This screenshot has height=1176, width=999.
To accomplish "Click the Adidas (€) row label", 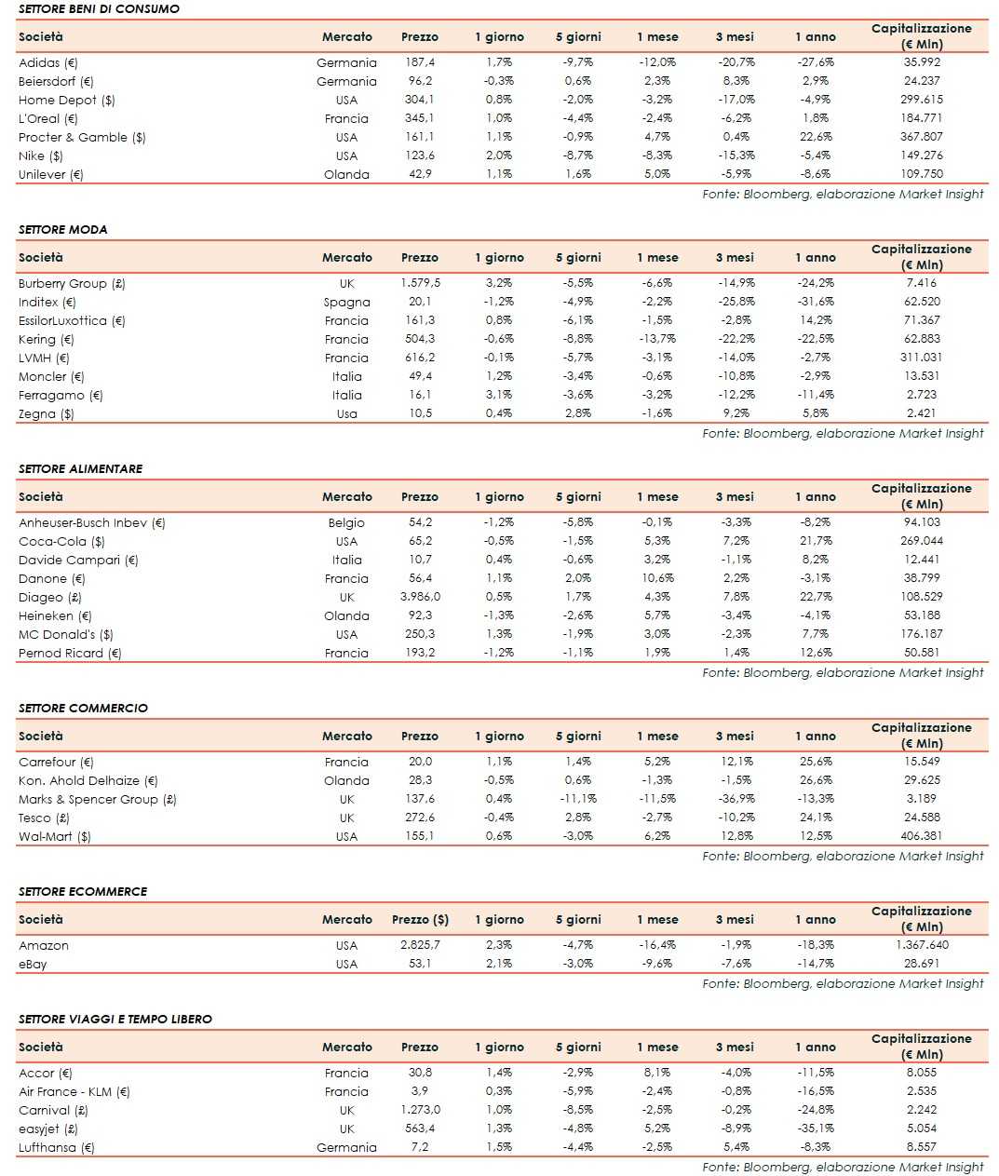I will click(x=48, y=63).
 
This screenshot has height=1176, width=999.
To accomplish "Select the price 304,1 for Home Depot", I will click(x=420, y=100).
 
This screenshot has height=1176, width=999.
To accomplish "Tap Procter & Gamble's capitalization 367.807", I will click(x=922, y=137).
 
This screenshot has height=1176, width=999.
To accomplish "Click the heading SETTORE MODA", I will click(x=63, y=230).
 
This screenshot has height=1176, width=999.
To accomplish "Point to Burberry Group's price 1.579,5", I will click(x=420, y=283).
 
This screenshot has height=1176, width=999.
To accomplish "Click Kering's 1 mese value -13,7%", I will click(x=657, y=339).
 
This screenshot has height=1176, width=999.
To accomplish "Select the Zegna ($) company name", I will click(x=47, y=414).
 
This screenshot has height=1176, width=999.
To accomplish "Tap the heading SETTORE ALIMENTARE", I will click(x=81, y=469).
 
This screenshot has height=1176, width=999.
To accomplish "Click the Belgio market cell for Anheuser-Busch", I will click(x=346, y=523).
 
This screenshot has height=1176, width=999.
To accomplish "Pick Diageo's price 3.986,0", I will click(x=420, y=597).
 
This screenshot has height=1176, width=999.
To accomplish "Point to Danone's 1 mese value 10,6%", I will click(x=657, y=578).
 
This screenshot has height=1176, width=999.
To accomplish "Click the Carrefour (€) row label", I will click(x=56, y=763).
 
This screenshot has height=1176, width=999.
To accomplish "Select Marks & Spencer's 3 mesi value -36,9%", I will click(x=736, y=799).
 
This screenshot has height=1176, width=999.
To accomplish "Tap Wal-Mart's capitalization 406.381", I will click(x=922, y=836).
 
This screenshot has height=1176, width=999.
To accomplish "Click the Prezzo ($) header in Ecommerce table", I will click(x=420, y=920).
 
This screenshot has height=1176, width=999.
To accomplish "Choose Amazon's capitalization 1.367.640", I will click(x=922, y=945).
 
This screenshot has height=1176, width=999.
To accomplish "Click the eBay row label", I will click(x=33, y=965).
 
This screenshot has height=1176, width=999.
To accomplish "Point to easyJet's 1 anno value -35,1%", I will click(x=816, y=1129).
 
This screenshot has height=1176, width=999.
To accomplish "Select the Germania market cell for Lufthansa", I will click(x=346, y=1148).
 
